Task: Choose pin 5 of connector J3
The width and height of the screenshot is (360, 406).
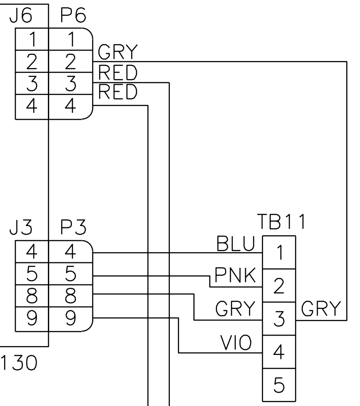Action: click(x=31, y=275)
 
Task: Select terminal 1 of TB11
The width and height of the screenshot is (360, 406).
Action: click(x=276, y=253)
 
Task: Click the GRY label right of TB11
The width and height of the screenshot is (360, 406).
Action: click(x=321, y=307)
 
